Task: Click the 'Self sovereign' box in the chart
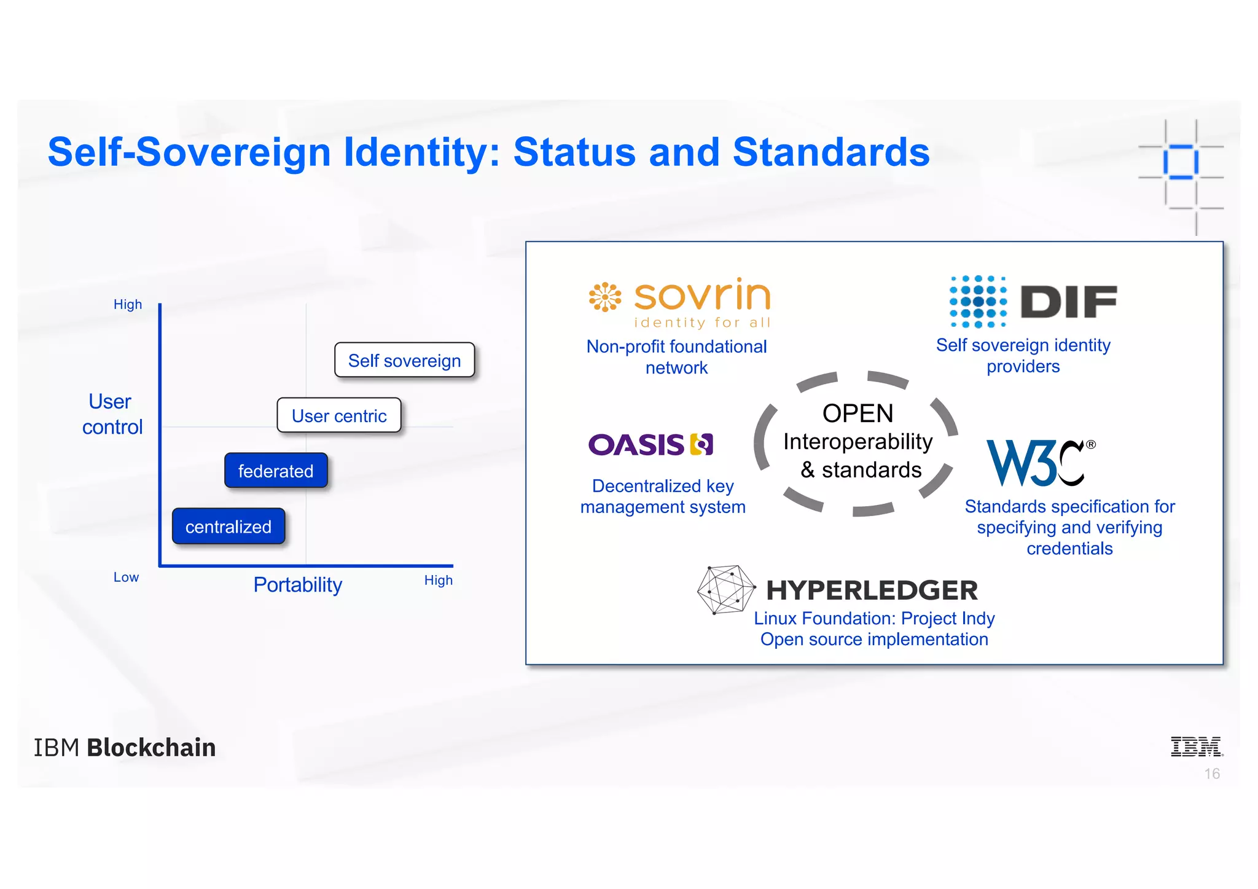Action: pos(404,360)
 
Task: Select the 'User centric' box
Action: pos(339,415)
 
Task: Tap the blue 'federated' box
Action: pos(276,471)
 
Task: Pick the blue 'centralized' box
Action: pos(229,527)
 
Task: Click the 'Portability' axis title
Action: pos(298,584)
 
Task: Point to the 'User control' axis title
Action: pos(112,414)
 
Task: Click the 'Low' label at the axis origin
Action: pos(126,578)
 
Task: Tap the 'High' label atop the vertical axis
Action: pos(128,305)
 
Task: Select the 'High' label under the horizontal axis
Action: pos(439,581)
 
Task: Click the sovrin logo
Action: pos(679,302)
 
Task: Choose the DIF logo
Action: pos(1033,301)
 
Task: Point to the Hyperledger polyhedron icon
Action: pos(725,589)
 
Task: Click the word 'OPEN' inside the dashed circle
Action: pos(858,413)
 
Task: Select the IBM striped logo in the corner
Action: pos(1196,746)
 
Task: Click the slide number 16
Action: pos(1212,773)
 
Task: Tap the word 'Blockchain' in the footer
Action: pos(151,748)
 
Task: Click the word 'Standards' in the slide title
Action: pos(831,152)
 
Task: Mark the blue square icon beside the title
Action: pos(1180,162)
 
